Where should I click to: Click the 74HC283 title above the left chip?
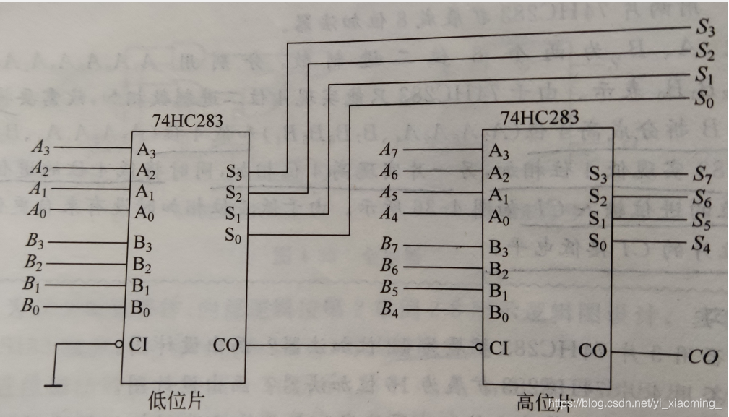tap(187, 121)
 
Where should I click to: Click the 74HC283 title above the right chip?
tap(540, 116)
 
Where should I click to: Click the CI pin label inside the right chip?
tap(498, 348)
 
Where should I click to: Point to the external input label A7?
tap(390, 150)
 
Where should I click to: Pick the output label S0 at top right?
tap(705, 99)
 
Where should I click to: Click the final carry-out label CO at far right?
tap(702, 356)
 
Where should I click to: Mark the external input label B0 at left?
tap(30, 308)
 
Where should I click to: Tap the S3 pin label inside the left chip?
tap(235, 172)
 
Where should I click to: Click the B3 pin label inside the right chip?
tap(499, 246)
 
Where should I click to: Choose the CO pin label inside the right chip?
tap(593, 351)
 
